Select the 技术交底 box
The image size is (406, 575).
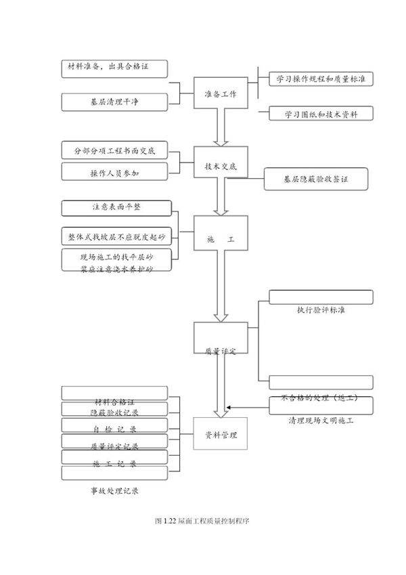coord(221,165)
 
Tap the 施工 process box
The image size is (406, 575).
coord(221,239)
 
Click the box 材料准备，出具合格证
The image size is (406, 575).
coord(114,68)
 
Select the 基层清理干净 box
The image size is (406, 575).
coord(114,102)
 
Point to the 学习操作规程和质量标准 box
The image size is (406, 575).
coord(321,79)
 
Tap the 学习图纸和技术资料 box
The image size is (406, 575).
coord(321,113)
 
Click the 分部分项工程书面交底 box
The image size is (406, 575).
coord(114,150)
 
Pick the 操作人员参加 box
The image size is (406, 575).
coord(114,173)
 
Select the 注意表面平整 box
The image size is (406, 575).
coord(116,207)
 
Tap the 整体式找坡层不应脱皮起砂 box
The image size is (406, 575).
coord(116,236)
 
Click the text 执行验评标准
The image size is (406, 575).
coord(321,310)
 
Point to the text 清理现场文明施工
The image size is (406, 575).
coord(321,420)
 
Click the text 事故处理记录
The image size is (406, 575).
coord(114,490)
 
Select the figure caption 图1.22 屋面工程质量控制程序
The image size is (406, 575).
coord(202,521)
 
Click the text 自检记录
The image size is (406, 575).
coord(114,429)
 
